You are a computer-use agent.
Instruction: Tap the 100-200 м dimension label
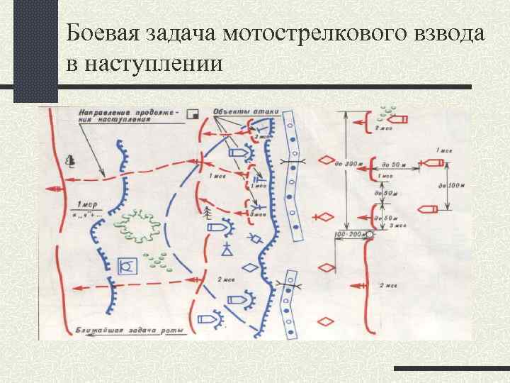(x=347, y=233)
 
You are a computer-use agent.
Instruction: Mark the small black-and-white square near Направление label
(x=195, y=113)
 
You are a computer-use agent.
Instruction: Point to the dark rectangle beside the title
(x=35, y=50)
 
